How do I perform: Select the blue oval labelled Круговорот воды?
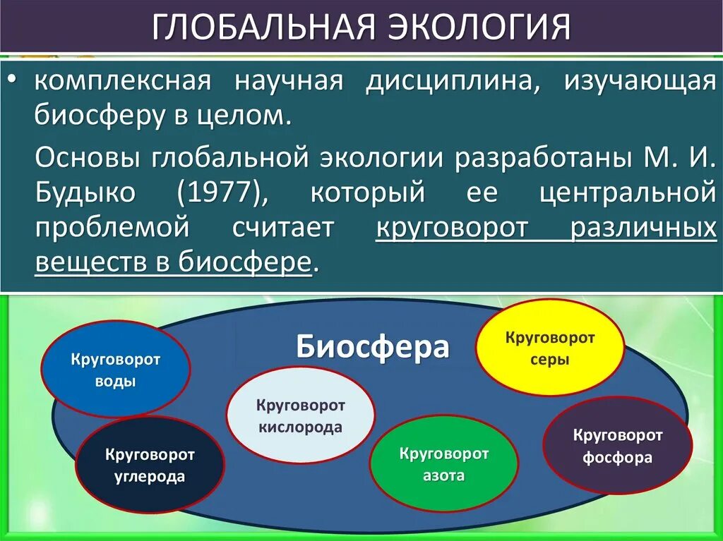116,370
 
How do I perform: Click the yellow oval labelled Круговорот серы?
549,348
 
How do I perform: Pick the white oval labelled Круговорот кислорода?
300,415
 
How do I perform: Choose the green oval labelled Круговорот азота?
443,463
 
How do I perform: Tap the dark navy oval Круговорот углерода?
149,465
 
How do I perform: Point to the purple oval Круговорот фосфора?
617,445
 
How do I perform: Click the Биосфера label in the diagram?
372,347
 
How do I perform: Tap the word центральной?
628,193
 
